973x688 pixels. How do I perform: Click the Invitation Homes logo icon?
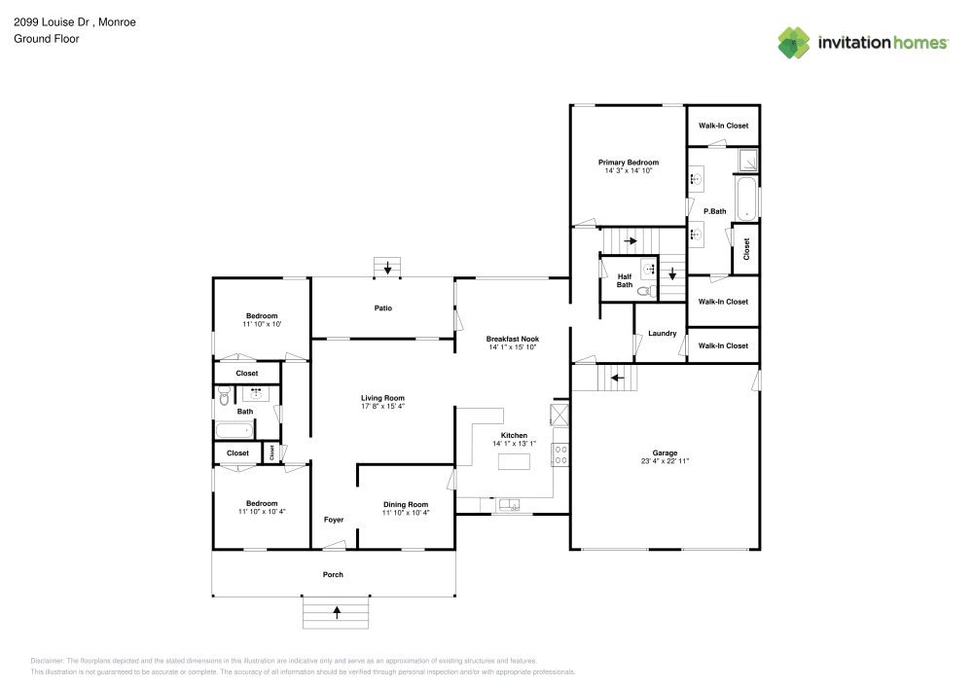pyautogui.click(x=794, y=42)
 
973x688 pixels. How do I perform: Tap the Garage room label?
pyautogui.click(x=665, y=453)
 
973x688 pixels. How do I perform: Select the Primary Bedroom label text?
pyautogui.click(x=628, y=163)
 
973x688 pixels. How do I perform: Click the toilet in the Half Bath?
pyautogui.click(x=643, y=290)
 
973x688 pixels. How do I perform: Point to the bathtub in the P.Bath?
pyautogui.click(x=745, y=199)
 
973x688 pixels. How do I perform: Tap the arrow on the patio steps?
pyautogui.click(x=388, y=268)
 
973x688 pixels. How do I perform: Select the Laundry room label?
pyautogui.click(x=662, y=334)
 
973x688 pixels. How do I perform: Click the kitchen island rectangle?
pyautogui.click(x=514, y=462)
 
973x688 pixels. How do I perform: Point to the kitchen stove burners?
pyautogui.click(x=560, y=454)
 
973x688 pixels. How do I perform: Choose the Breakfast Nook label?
pyautogui.click(x=513, y=339)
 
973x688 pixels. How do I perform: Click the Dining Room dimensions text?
pyautogui.click(x=406, y=513)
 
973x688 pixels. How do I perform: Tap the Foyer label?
pyautogui.click(x=334, y=520)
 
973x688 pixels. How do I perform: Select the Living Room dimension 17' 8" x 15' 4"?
pyautogui.click(x=382, y=406)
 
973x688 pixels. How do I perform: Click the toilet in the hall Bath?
pyautogui.click(x=224, y=395)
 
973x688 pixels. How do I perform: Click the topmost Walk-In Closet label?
pyautogui.click(x=723, y=126)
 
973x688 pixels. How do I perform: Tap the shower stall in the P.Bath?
pyautogui.click(x=747, y=160)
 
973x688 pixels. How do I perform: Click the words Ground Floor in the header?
pyautogui.click(x=47, y=39)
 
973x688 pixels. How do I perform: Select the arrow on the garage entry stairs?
pyautogui.click(x=615, y=378)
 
